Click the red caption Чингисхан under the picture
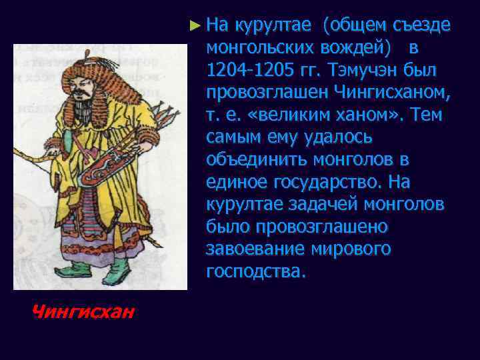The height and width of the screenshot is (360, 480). [82, 311]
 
